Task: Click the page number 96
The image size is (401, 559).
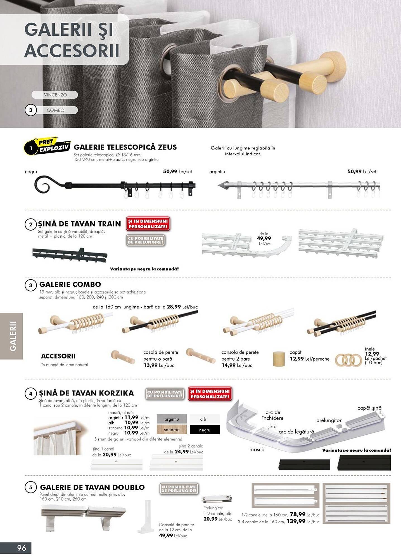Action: pyautogui.click(x=22, y=548)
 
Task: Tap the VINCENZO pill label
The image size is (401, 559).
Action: pyautogui.click(x=55, y=95)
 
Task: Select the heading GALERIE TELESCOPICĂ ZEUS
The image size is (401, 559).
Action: pyautogui.click(x=125, y=147)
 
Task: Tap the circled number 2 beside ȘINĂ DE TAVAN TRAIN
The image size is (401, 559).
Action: pyautogui.click(x=30, y=224)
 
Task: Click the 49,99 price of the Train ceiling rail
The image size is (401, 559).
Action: pyautogui.click(x=264, y=238)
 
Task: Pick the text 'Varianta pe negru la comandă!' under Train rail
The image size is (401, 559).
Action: pyautogui.click(x=144, y=269)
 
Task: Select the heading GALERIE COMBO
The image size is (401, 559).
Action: pyautogui.click(x=70, y=285)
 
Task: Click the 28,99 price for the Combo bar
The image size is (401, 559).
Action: pyautogui.click(x=174, y=307)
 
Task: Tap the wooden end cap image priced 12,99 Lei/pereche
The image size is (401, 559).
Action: pyautogui.click(x=279, y=359)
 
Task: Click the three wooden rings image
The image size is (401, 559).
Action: pyautogui.click(x=348, y=360)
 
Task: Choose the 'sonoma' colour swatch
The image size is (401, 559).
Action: pyautogui.click(x=172, y=430)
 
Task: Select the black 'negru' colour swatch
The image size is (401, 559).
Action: pyautogui.click(x=205, y=430)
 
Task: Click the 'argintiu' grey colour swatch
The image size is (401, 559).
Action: pyautogui.click(x=172, y=419)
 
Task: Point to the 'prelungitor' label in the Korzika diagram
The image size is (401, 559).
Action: pyautogui.click(x=329, y=420)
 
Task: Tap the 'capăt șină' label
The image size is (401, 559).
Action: pyautogui.click(x=369, y=408)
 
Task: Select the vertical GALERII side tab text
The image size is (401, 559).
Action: pyautogui.click(x=13, y=336)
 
